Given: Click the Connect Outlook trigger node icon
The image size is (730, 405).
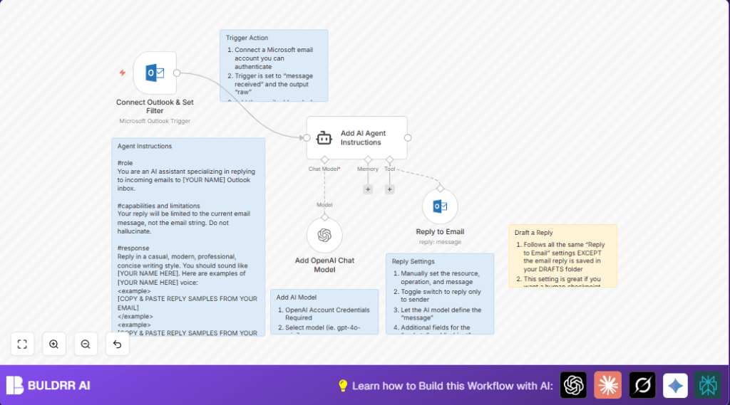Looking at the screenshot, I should (x=155, y=73).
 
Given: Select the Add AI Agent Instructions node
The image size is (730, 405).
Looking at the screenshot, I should (x=356, y=138).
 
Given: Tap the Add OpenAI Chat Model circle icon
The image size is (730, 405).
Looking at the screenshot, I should (x=324, y=235).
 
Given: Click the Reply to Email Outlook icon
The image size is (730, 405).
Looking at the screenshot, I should (x=440, y=206).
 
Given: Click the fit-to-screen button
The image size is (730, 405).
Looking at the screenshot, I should (x=22, y=344).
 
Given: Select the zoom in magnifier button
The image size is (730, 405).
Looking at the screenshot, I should (x=53, y=344).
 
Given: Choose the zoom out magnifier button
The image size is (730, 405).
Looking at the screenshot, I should (x=86, y=344).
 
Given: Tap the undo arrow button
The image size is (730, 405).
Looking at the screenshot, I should (x=117, y=344).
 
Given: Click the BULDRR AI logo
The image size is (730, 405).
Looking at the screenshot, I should (x=48, y=385).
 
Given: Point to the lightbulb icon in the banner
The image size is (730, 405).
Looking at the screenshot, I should (x=342, y=385).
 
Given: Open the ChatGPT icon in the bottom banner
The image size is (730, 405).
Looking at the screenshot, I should (x=573, y=385).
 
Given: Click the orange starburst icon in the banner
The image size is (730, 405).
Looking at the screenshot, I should (x=607, y=385).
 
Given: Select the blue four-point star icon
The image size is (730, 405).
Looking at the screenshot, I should (x=675, y=385).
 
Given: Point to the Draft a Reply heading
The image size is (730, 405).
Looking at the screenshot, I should (x=533, y=233).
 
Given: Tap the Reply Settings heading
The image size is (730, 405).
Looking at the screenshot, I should (x=413, y=261).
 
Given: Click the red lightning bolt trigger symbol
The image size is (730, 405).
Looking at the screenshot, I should (x=123, y=73).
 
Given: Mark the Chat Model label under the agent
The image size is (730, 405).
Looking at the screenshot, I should (x=324, y=169).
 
